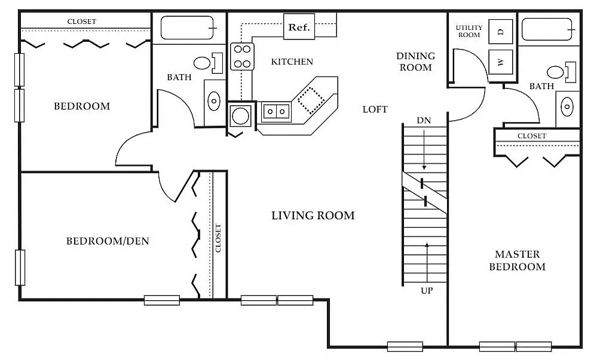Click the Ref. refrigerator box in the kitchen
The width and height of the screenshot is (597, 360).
coord(299,27)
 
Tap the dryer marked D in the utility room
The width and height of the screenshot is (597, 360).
coord(500,32)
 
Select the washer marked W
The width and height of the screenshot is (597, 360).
coord(500,62)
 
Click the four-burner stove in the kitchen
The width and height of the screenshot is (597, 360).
coord(242,56)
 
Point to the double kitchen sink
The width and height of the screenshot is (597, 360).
coord(276,112)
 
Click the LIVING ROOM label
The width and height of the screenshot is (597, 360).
coord(313,216)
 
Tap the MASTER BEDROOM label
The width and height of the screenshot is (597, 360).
coord(518,260)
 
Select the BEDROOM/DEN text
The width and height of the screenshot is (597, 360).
coord(108,241)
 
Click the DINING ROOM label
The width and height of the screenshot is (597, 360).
coord(416,62)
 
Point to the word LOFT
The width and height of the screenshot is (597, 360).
coord(375,109)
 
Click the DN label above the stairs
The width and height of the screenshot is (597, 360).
coord(424,121)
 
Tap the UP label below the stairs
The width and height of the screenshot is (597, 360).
coord(427,291)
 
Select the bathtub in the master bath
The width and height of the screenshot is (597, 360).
coord(547,29)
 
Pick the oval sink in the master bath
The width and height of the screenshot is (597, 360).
coord(567,106)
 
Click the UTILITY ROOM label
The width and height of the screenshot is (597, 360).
coord(469,31)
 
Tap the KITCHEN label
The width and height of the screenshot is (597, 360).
coord(292,62)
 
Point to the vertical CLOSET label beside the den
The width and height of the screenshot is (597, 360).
coord(218,238)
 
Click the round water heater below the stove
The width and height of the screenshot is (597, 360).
coord(241,116)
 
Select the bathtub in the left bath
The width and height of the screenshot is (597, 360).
coord(187,28)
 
